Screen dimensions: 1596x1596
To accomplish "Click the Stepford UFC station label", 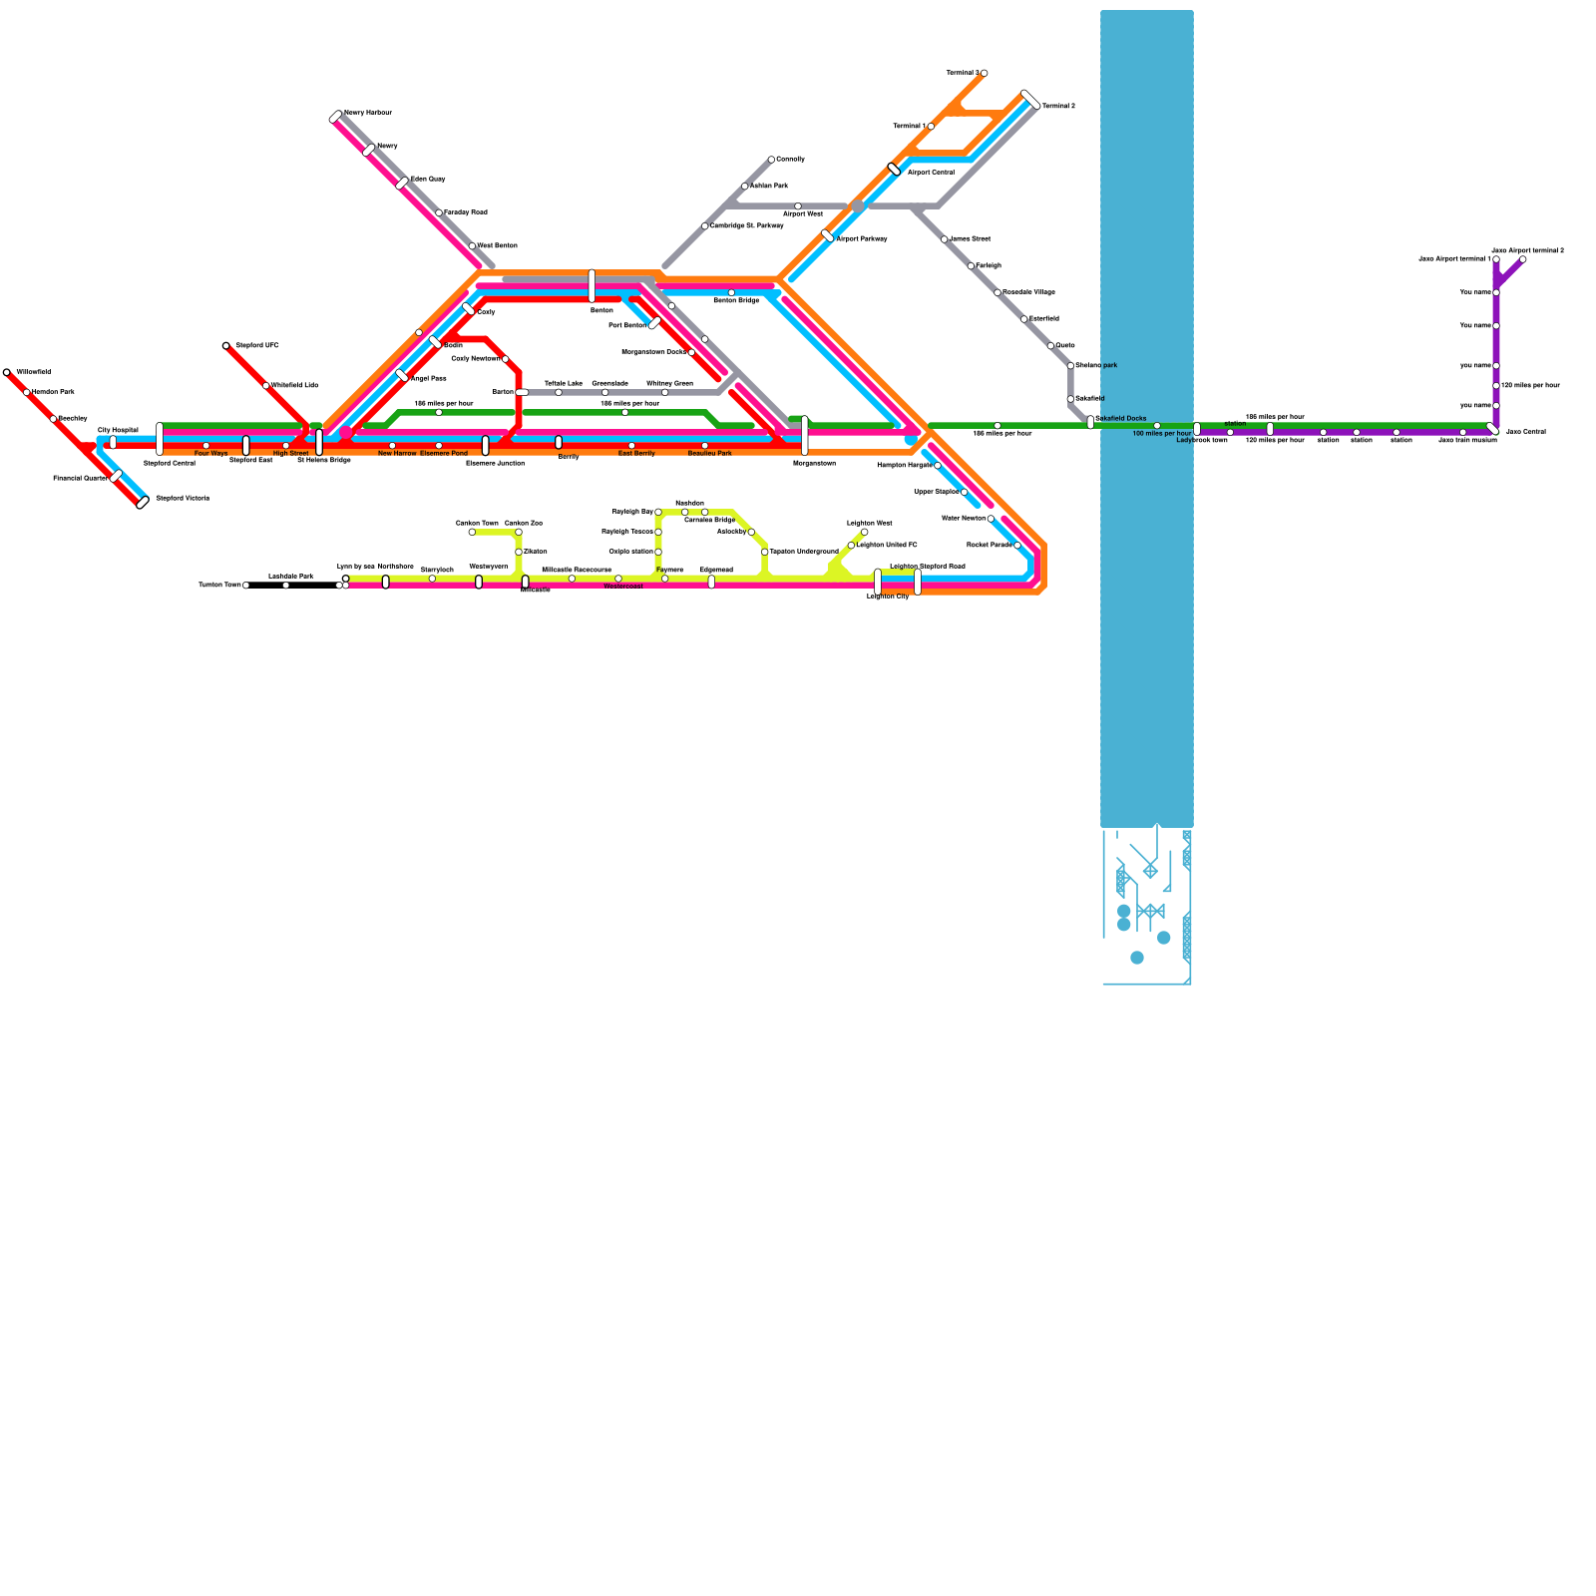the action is pos(256,345).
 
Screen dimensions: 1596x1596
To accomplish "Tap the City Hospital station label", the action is pos(118,430).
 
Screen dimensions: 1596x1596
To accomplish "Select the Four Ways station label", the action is pos(210,453).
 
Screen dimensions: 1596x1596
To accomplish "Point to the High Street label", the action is pos(290,453).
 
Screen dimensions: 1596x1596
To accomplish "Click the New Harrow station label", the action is pos(397,453).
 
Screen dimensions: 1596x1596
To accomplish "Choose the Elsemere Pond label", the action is pos(443,453).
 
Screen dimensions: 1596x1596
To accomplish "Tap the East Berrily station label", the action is pos(636,453).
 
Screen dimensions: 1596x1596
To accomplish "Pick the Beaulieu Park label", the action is pos(709,453).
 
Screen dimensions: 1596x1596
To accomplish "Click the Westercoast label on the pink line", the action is pos(622,587).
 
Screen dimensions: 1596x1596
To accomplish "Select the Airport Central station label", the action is pos(931,173).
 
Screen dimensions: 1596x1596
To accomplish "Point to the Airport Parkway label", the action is pos(861,239).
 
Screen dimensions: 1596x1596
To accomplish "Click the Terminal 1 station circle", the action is pos(931,127).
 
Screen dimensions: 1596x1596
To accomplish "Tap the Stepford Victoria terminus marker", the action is pos(143,503).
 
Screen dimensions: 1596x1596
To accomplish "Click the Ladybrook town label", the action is pos(1201,440).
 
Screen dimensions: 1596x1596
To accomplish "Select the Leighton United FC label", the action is pos(886,545).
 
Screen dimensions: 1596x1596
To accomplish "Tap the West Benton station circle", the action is pos(472,246).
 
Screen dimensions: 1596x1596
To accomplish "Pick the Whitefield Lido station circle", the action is pos(266,386).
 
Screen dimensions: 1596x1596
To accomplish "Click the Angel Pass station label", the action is pos(428,379).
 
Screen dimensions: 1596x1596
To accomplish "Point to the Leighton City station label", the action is pos(887,597).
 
